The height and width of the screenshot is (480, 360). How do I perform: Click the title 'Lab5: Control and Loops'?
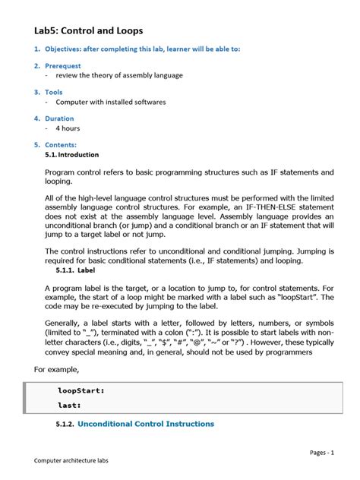tap(88, 30)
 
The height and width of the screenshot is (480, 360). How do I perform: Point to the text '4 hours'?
tap(67, 128)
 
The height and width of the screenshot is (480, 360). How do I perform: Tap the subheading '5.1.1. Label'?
tap(75, 269)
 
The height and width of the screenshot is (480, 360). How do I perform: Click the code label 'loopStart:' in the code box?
tap(81, 390)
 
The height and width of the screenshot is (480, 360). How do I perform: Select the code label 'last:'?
tap(70, 406)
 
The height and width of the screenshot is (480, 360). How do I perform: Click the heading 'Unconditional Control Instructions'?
tap(146, 424)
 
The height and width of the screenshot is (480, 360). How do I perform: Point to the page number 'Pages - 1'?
tap(321, 453)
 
